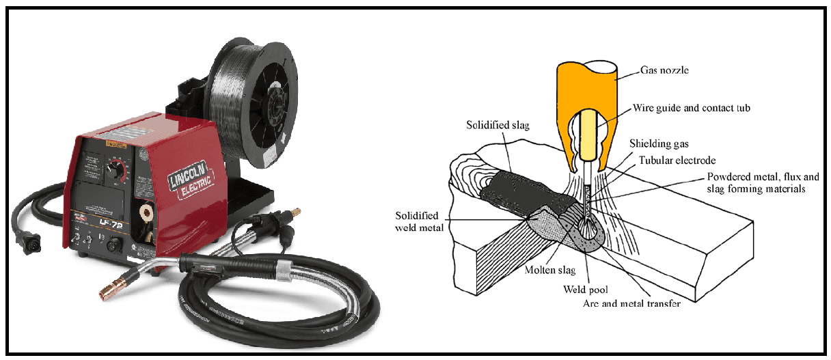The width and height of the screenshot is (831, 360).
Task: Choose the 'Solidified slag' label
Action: (x=500, y=126)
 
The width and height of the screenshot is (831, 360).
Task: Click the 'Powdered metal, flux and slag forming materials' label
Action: (x=761, y=182)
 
